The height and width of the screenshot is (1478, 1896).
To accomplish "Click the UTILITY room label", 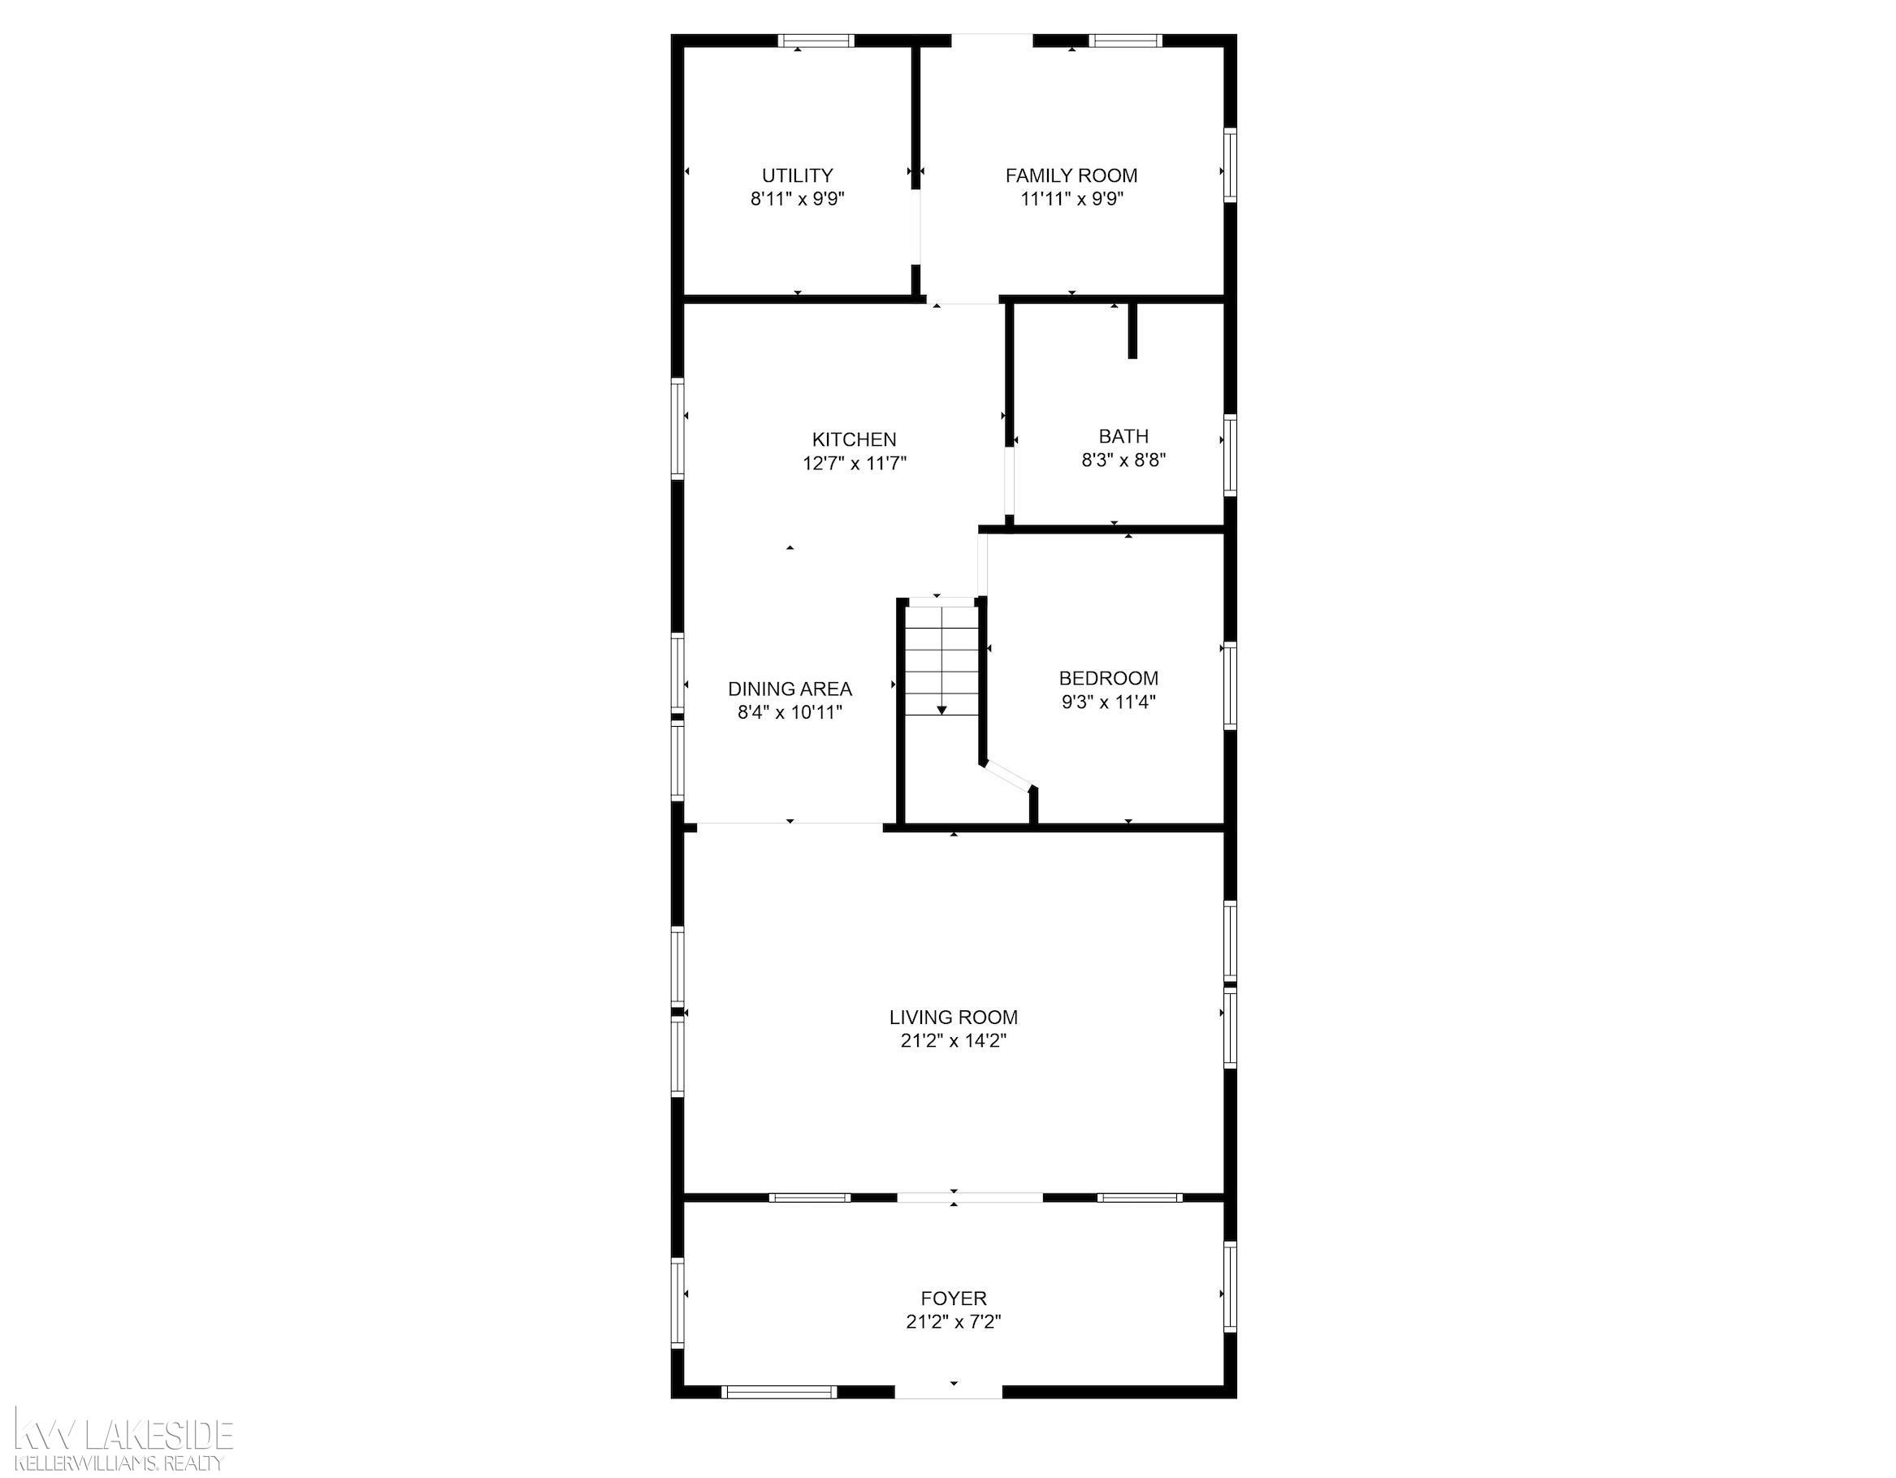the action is [x=797, y=175].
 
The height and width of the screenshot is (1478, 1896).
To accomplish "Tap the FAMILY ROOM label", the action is [x=1071, y=175].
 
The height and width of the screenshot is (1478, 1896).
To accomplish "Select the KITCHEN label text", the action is [x=855, y=439].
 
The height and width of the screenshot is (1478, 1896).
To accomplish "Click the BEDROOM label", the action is [x=1109, y=678].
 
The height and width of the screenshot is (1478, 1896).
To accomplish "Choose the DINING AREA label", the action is [x=790, y=689].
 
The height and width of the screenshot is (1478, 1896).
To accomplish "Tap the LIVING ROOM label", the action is [x=953, y=1018].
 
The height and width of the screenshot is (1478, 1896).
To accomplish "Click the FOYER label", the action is [x=953, y=1299].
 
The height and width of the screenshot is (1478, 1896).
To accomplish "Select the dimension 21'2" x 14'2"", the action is [x=953, y=1040].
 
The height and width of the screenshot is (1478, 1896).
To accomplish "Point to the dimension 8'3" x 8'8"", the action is [x=1123, y=459].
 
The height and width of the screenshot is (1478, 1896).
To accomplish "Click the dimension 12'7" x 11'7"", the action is [x=855, y=463].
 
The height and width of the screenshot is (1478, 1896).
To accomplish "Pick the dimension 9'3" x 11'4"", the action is [x=1109, y=702].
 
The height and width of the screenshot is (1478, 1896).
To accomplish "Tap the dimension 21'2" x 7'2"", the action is [x=953, y=1322].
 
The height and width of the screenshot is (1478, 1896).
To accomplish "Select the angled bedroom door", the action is [x=1008, y=776].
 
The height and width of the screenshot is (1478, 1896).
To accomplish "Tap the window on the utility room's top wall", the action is [x=815, y=40].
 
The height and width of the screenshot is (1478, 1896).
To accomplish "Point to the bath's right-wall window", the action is [x=1229, y=455].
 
